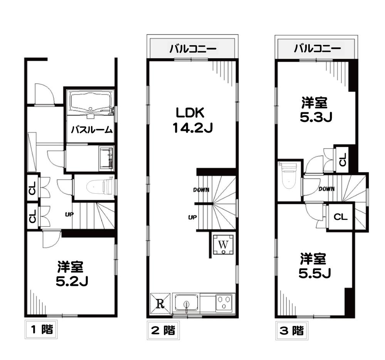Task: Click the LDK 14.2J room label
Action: (192, 120)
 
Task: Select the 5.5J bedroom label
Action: (314, 265)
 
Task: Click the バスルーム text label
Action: (91, 130)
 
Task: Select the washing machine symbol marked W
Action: (224, 244)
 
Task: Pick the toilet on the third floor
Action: (289, 176)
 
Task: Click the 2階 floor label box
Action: (163, 330)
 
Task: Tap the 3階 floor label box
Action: (291, 330)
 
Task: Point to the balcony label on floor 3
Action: (317, 49)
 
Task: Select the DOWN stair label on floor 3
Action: (326, 189)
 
